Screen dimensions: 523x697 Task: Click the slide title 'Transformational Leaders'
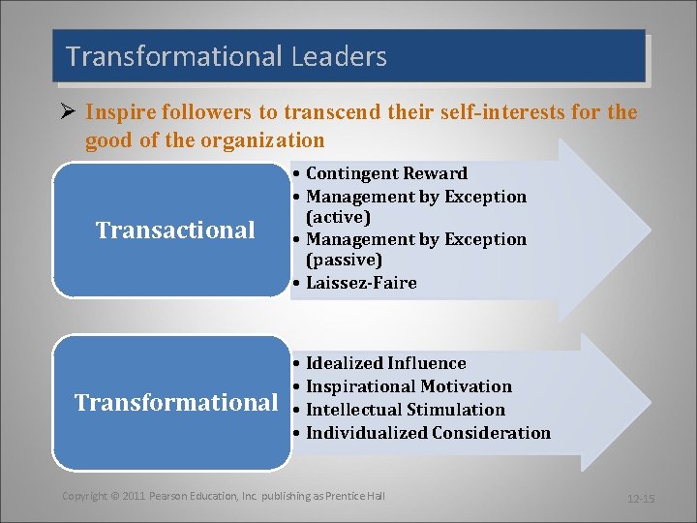click(x=227, y=57)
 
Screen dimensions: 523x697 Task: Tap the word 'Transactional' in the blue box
click(x=175, y=231)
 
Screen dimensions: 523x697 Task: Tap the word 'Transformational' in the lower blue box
click(x=176, y=402)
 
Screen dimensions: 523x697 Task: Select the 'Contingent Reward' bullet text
click(x=386, y=174)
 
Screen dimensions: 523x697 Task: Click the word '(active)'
click(x=338, y=217)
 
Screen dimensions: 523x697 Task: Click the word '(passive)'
click(x=344, y=260)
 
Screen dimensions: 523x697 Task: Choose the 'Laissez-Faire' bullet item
click(x=361, y=283)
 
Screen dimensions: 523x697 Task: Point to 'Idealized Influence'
click(x=385, y=363)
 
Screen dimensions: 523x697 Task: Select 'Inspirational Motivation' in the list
click(x=409, y=386)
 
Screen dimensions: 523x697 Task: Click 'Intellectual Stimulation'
click(x=405, y=410)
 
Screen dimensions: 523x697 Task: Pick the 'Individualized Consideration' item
click(x=428, y=433)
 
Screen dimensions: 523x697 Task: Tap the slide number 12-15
click(x=641, y=499)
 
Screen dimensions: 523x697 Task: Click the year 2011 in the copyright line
click(x=135, y=496)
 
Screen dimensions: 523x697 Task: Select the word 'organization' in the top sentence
click(x=262, y=141)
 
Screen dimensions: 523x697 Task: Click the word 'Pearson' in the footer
click(x=170, y=496)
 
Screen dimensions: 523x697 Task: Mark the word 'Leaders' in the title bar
click(x=338, y=57)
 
